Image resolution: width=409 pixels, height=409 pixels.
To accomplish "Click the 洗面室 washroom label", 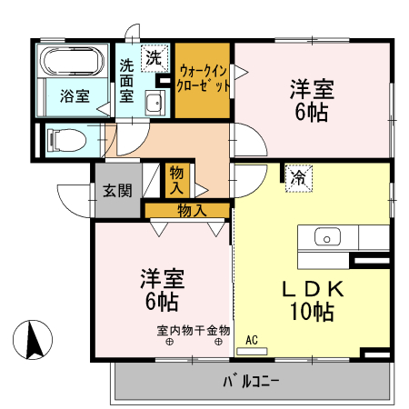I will point(127,79).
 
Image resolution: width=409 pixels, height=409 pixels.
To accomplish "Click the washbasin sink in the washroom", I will point(155,102).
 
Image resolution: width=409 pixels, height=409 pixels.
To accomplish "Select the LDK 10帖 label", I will point(311,300).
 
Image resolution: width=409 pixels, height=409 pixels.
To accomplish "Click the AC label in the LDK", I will point(252,341).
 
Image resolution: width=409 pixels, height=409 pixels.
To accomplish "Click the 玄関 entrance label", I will point(115,190).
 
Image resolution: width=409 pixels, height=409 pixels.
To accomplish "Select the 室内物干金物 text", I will point(193,330).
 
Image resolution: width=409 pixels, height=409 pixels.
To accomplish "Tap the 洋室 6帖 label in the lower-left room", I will point(162,287).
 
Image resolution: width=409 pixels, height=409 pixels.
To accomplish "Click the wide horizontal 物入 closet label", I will point(191,210).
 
